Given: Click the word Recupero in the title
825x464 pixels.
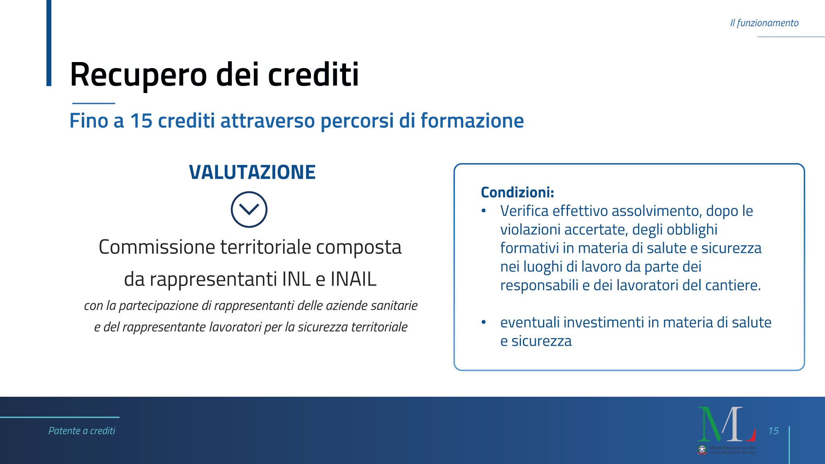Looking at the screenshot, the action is click(139, 75).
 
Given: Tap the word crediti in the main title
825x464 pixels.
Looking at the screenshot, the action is click(313, 75).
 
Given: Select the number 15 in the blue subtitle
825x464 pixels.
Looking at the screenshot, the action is click(141, 120).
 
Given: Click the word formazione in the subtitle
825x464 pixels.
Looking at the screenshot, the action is click(472, 120).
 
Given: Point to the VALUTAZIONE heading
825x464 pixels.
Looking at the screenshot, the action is click(252, 172).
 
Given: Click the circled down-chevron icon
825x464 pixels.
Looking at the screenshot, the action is click(249, 209).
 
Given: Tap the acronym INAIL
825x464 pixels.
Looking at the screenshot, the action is click(353, 279).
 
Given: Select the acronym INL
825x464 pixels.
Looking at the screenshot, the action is click(296, 279).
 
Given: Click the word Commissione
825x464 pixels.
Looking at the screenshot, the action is click(157, 247).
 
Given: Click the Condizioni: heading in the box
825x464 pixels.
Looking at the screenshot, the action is click(517, 192).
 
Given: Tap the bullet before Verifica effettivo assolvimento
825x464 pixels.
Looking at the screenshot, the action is click(484, 211).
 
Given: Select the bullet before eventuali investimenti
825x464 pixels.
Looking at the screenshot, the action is click(484, 322).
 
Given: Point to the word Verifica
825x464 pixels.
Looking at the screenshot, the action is click(524, 211).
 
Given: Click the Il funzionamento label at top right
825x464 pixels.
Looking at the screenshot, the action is click(764, 23).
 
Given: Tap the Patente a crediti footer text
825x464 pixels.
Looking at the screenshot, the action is click(82, 431).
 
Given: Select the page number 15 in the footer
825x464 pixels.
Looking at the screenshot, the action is click(773, 431).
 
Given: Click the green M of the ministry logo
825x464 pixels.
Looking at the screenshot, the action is click(711, 423).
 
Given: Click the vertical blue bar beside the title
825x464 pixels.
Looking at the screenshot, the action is click(49, 43).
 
